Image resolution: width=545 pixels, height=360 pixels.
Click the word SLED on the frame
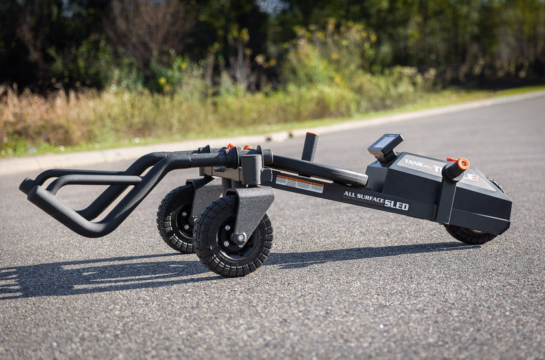tap(396, 205)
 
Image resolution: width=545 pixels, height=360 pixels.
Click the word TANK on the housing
tap(417, 164)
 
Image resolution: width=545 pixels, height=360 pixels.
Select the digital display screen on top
tap(385, 142)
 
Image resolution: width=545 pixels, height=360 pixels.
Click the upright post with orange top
tap(310, 147)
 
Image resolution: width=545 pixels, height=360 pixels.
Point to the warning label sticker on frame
tap(299, 184)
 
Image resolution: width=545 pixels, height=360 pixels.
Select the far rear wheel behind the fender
tap(175, 219)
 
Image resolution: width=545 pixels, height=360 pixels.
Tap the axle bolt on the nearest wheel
tap(238, 237)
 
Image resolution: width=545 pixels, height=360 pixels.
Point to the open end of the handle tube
tap(26, 187)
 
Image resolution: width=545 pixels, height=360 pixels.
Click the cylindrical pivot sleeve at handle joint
tap(251, 169)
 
